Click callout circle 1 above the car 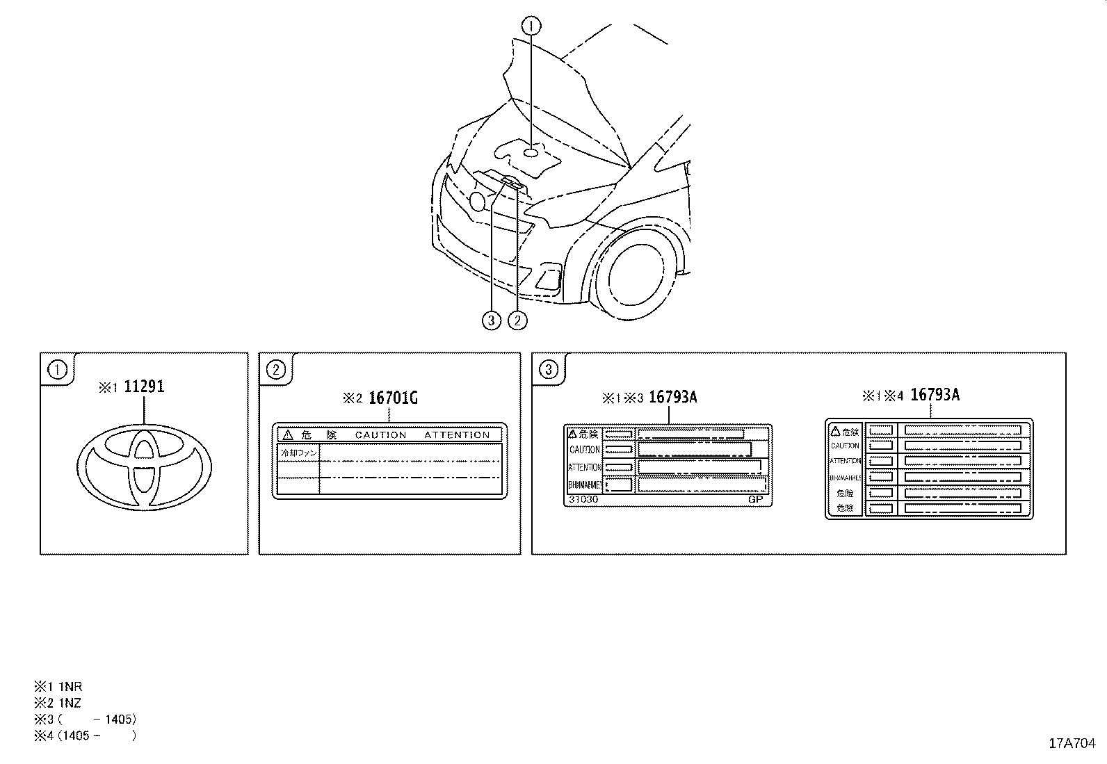tap(531, 26)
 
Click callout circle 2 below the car tap(517, 320)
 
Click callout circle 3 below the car tap(492, 320)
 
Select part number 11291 tap(144, 387)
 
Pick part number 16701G tap(393, 398)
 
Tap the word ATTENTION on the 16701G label tap(457, 435)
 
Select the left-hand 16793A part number tap(672, 397)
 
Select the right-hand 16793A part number tap(935, 395)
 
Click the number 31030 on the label tap(583, 499)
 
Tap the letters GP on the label tap(755, 499)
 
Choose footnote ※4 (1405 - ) tap(85, 735)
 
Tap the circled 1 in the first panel tap(57, 369)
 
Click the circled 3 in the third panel tap(549, 369)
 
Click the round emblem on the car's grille tap(477, 202)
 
